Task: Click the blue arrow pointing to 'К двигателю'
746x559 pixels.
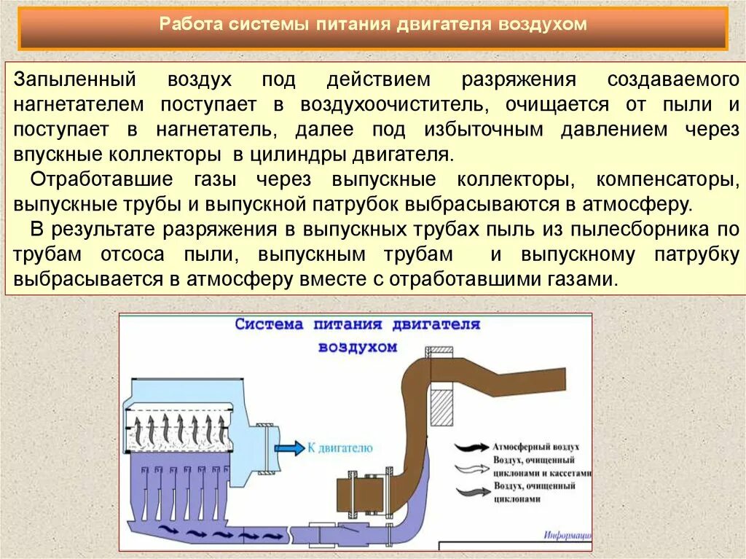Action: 291,448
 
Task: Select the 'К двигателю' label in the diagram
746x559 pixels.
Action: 341,448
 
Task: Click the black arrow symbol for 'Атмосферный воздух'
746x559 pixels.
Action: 471,447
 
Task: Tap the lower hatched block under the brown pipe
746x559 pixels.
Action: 441,407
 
